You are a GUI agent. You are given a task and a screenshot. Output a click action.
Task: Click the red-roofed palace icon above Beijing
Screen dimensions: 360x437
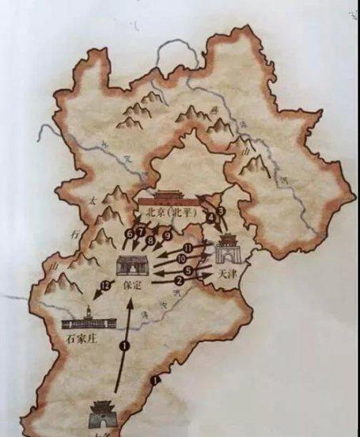click(171, 198)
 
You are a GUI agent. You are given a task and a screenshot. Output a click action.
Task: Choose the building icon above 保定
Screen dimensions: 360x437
click(128, 265)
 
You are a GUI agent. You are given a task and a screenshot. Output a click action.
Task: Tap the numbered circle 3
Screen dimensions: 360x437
click(222, 210)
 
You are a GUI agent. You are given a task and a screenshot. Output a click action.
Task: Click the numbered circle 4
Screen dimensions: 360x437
click(211, 218)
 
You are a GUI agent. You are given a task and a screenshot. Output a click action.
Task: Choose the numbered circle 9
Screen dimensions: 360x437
click(167, 235)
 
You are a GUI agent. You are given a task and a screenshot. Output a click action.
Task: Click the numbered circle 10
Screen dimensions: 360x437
click(181, 258)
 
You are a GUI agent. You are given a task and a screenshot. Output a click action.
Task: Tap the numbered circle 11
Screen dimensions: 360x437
click(188, 247)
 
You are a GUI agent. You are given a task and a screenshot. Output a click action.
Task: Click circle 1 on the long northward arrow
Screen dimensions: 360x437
click(123, 345)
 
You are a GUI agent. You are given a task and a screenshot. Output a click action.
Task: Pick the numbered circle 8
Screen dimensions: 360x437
click(150, 239)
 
